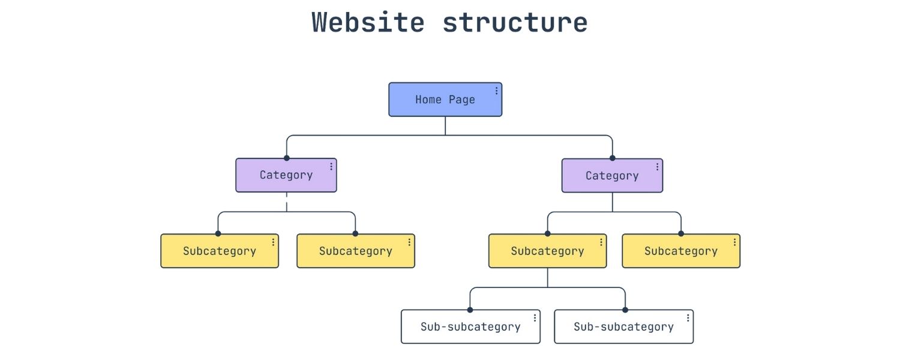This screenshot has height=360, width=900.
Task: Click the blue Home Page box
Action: tap(445, 100)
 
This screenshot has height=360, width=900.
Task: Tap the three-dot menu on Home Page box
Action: tap(496, 91)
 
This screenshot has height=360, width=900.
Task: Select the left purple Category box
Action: tap(286, 175)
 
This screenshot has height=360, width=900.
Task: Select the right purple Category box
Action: tap(611, 176)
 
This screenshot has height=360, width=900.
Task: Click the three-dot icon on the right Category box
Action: tap(657, 167)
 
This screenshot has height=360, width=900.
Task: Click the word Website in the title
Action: tap(368, 22)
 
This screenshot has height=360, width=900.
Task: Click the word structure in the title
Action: tap(515, 22)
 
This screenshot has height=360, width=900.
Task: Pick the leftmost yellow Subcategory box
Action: tap(219, 251)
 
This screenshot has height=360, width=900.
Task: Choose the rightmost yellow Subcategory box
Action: tap(680, 251)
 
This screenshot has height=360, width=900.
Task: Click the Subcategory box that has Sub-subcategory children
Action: tap(547, 251)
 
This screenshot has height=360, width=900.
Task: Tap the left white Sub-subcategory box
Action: tap(470, 327)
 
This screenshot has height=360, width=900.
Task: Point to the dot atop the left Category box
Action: tap(286, 158)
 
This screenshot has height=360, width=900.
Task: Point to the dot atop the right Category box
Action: tap(612, 158)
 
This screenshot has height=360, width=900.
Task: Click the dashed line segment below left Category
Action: tap(286, 202)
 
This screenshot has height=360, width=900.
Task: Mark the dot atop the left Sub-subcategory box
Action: tap(470, 310)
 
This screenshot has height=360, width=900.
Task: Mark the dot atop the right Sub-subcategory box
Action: tap(625, 310)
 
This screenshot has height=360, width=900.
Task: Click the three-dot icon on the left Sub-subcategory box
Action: tap(535, 318)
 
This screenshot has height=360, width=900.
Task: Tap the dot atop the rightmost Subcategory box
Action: tap(680, 233)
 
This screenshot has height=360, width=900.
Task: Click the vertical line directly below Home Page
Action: tap(445, 125)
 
